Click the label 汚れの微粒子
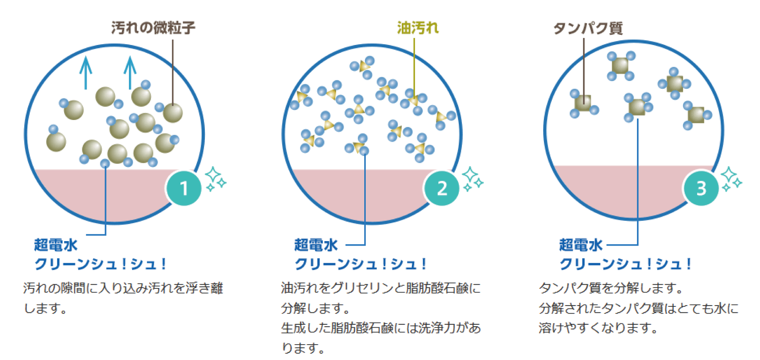pyautogui.click(x=153, y=28)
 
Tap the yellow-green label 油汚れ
pyautogui.click(x=418, y=28)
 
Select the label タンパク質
pyautogui.click(x=588, y=28)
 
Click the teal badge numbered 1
pyautogui.click(x=184, y=188)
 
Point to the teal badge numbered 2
pyautogui.click(x=442, y=188)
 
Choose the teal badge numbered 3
pyautogui.click(x=701, y=188)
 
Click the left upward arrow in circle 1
pyautogui.click(x=86, y=72)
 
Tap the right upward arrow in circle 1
pyautogui.click(x=130, y=72)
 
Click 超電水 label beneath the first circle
pyautogui.click(x=56, y=245)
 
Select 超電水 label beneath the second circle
pyautogui.click(x=316, y=245)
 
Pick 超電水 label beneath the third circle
pyautogui.click(x=581, y=245)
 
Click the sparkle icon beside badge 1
pyautogui.click(x=215, y=179)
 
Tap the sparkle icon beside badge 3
pyautogui.click(x=731, y=179)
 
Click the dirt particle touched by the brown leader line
pyautogui.click(x=173, y=112)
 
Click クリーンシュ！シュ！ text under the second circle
pyautogui.click(x=360, y=264)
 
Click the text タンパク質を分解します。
pyautogui.click(x=611, y=288)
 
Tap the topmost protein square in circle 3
pyautogui.click(x=620, y=66)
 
